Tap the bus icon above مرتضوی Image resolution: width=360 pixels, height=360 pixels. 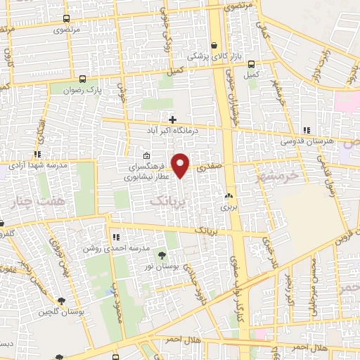pos(66,20)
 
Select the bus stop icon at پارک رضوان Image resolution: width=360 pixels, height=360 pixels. pos(83,79)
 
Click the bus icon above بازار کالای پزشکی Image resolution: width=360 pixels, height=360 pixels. pos(214,44)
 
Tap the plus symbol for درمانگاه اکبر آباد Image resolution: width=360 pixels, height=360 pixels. pos(172,120)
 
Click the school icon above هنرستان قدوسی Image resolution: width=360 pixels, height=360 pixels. pos(306,130)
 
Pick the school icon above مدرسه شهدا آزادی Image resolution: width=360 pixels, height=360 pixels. pos(37,153)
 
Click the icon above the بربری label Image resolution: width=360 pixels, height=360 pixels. pos(228,197)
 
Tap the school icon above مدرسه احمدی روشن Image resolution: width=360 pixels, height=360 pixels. pos(116,238)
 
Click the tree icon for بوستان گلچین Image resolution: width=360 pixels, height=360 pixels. pos(63,300)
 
